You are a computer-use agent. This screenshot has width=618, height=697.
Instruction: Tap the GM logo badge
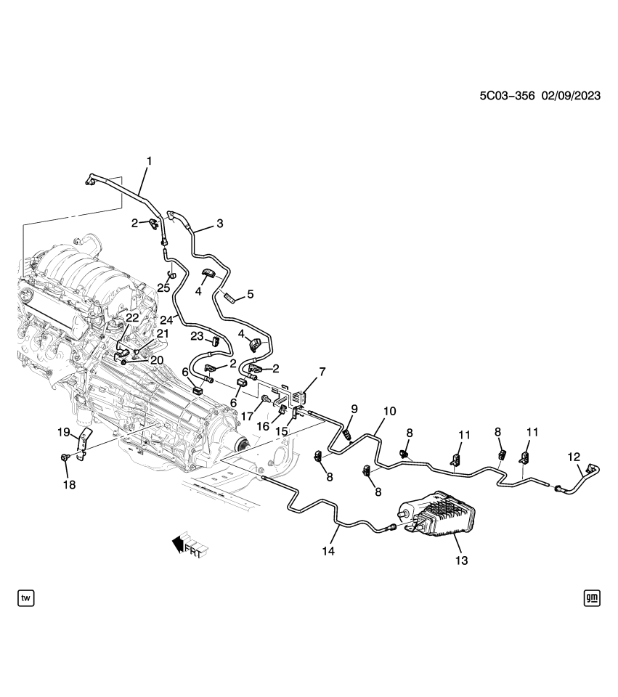[x=591, y=598]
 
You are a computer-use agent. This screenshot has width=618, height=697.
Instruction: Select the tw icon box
[x=26, y=598]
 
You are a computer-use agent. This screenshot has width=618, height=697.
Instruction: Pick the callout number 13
[x=462, y=561]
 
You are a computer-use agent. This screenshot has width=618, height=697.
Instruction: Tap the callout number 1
[x=150, y=159]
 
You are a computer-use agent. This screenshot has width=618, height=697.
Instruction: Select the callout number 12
[x=574, y=457]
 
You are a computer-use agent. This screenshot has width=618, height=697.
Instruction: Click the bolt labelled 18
[x=65, y=458]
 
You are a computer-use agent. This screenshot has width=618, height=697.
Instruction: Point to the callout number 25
[x=163, y=288]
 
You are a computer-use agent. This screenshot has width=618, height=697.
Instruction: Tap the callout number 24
[x=166, y=319]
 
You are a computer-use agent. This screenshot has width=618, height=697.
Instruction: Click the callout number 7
[x=322, y=372]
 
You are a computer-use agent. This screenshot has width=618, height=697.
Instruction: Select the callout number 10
[x=389, y=411]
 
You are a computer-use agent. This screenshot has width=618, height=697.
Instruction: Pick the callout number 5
[x=250, y=294]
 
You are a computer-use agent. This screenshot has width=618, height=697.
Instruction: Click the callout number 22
[x=131, y=317]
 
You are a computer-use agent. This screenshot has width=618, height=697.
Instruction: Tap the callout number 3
[x=220, y=223]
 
